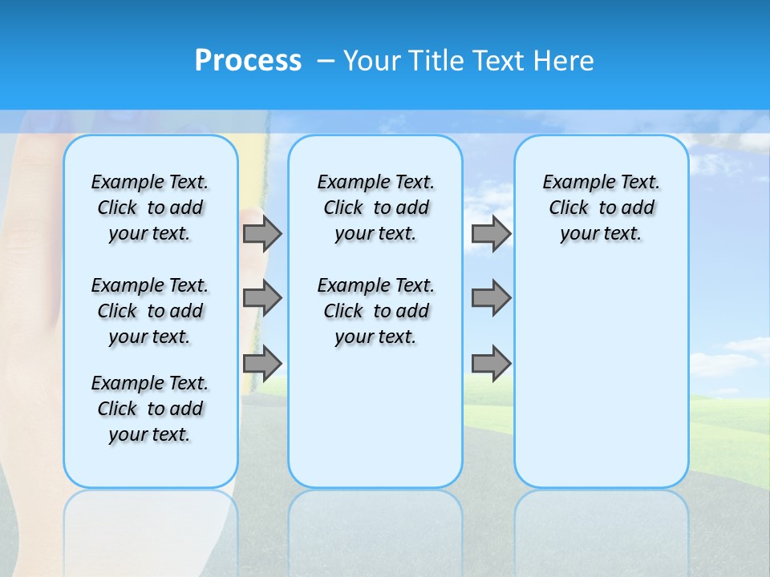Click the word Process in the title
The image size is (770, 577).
point(248,61)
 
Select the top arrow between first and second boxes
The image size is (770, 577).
point(262,233)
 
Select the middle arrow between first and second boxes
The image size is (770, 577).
point(262,298)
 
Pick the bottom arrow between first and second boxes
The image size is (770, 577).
point(262,363)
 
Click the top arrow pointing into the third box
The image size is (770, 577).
point(491,233)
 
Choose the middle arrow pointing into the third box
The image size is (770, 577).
point(491,298)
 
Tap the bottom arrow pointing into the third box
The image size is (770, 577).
point(491,363)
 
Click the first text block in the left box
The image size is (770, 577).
point(150,208)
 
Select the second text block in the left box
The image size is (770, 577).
point(150,311)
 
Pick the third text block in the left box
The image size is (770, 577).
point(150,409)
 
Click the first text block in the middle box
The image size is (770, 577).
point(375,208)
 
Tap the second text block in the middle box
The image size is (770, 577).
point(375,311)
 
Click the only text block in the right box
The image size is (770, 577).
point(601,208)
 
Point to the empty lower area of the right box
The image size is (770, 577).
point(601,377)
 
